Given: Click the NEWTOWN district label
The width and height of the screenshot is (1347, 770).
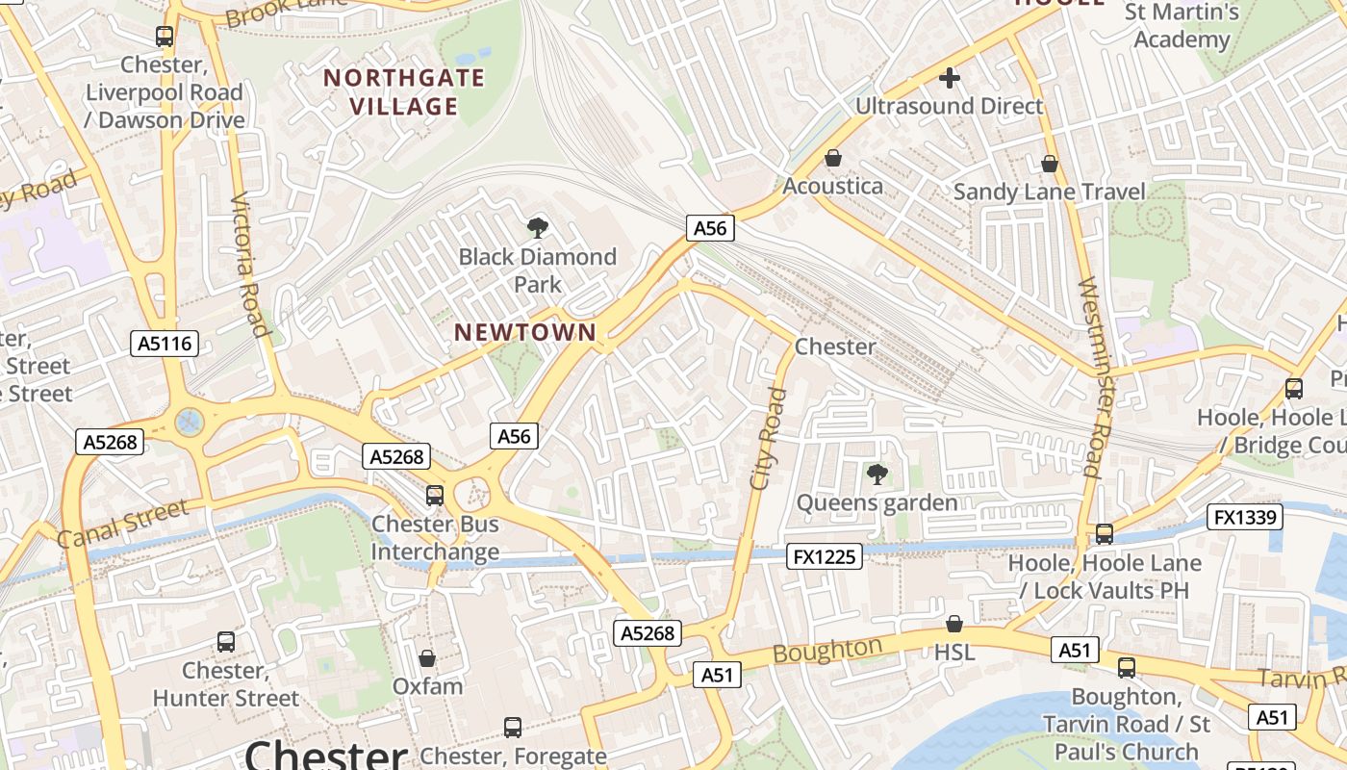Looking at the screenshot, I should pyautogui.click(x=525, y=332).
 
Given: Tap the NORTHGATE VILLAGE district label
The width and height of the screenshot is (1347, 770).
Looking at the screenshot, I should pyautogui.click(x=404, y=91).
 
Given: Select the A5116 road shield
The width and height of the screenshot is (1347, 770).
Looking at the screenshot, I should pyautogui.click(x=165, y=344).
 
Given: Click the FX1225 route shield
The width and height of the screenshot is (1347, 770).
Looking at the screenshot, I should pyautogui.click(x=825, y=555).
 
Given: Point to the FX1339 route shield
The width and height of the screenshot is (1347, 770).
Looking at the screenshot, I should pyautogui.click(x=1246, y=517).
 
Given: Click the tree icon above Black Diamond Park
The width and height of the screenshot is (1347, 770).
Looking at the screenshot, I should pyautogui.click(x=538, y=228).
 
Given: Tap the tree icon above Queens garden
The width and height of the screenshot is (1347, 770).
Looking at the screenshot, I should pyautogui.click(x=877, y=474).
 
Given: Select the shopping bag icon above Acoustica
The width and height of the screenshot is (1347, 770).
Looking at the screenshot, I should pyautogui.click(x=833, y=157).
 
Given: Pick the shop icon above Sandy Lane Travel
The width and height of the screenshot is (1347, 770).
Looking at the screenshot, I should pyautogui.click(x=1050, y=164).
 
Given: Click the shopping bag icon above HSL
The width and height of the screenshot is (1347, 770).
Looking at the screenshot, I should pyautogui.click(x=954, y=624).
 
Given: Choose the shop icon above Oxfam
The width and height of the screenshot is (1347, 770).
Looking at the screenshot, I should pyautogui.click(x=427, y=658).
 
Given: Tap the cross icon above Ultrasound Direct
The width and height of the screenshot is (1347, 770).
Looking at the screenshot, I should pyautogui.click(x=950, y=78).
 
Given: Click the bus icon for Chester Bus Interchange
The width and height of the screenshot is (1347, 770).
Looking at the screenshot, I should pyautogui.click(x=435, y=495).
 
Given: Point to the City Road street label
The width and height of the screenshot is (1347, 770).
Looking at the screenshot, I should pyautogui.click(x=768, y=438).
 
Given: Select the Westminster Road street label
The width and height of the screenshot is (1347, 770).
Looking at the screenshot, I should pyautogui.click(x=1090, y=377).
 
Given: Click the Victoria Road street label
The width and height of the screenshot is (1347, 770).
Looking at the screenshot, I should pyautogui.click(x=249, y=264).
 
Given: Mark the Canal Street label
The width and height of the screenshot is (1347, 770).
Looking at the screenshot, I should pyautogui.click(x=122, y=524).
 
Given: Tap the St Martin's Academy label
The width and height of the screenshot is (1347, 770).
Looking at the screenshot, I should pyautogui.click(x=1182, y=26).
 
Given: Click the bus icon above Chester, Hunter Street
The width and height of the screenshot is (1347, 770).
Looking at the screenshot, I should pyautogui.click(x=226, y=641).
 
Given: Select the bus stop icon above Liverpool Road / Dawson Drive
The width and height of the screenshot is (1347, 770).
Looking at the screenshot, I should pyautogui.click(x=165, y=37).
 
